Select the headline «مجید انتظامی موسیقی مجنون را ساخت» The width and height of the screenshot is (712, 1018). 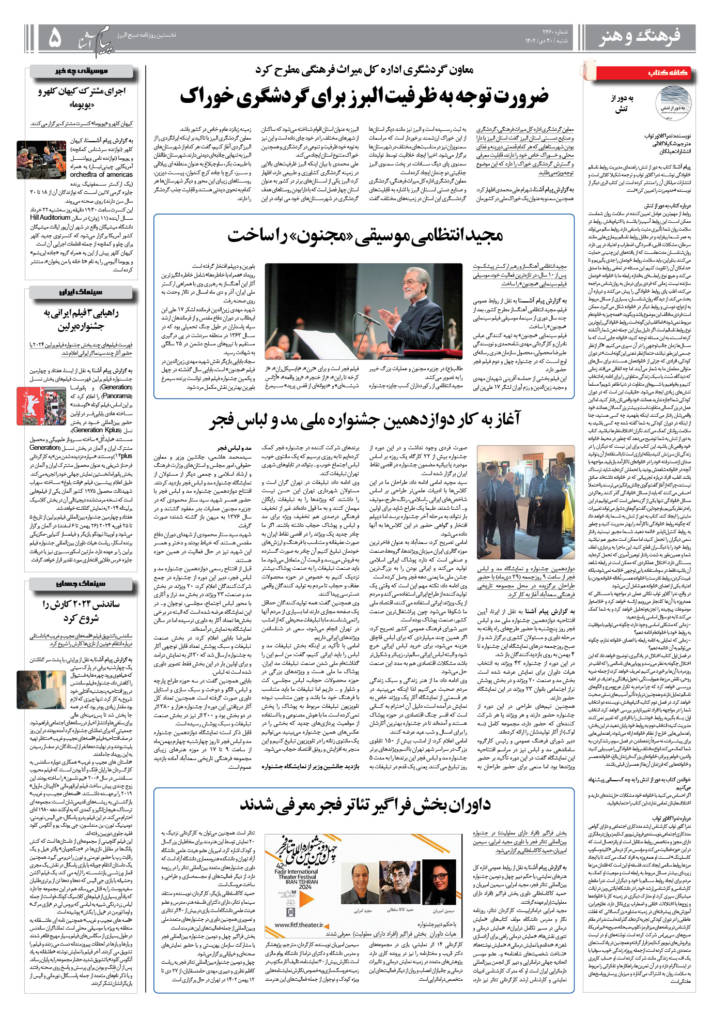click(365, 235)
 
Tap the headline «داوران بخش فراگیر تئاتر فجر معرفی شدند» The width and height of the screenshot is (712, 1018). click(365, 804)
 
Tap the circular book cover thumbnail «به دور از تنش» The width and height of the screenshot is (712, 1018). click(673, 103)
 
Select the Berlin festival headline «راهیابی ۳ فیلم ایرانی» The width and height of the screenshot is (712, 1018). click(81, 319)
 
